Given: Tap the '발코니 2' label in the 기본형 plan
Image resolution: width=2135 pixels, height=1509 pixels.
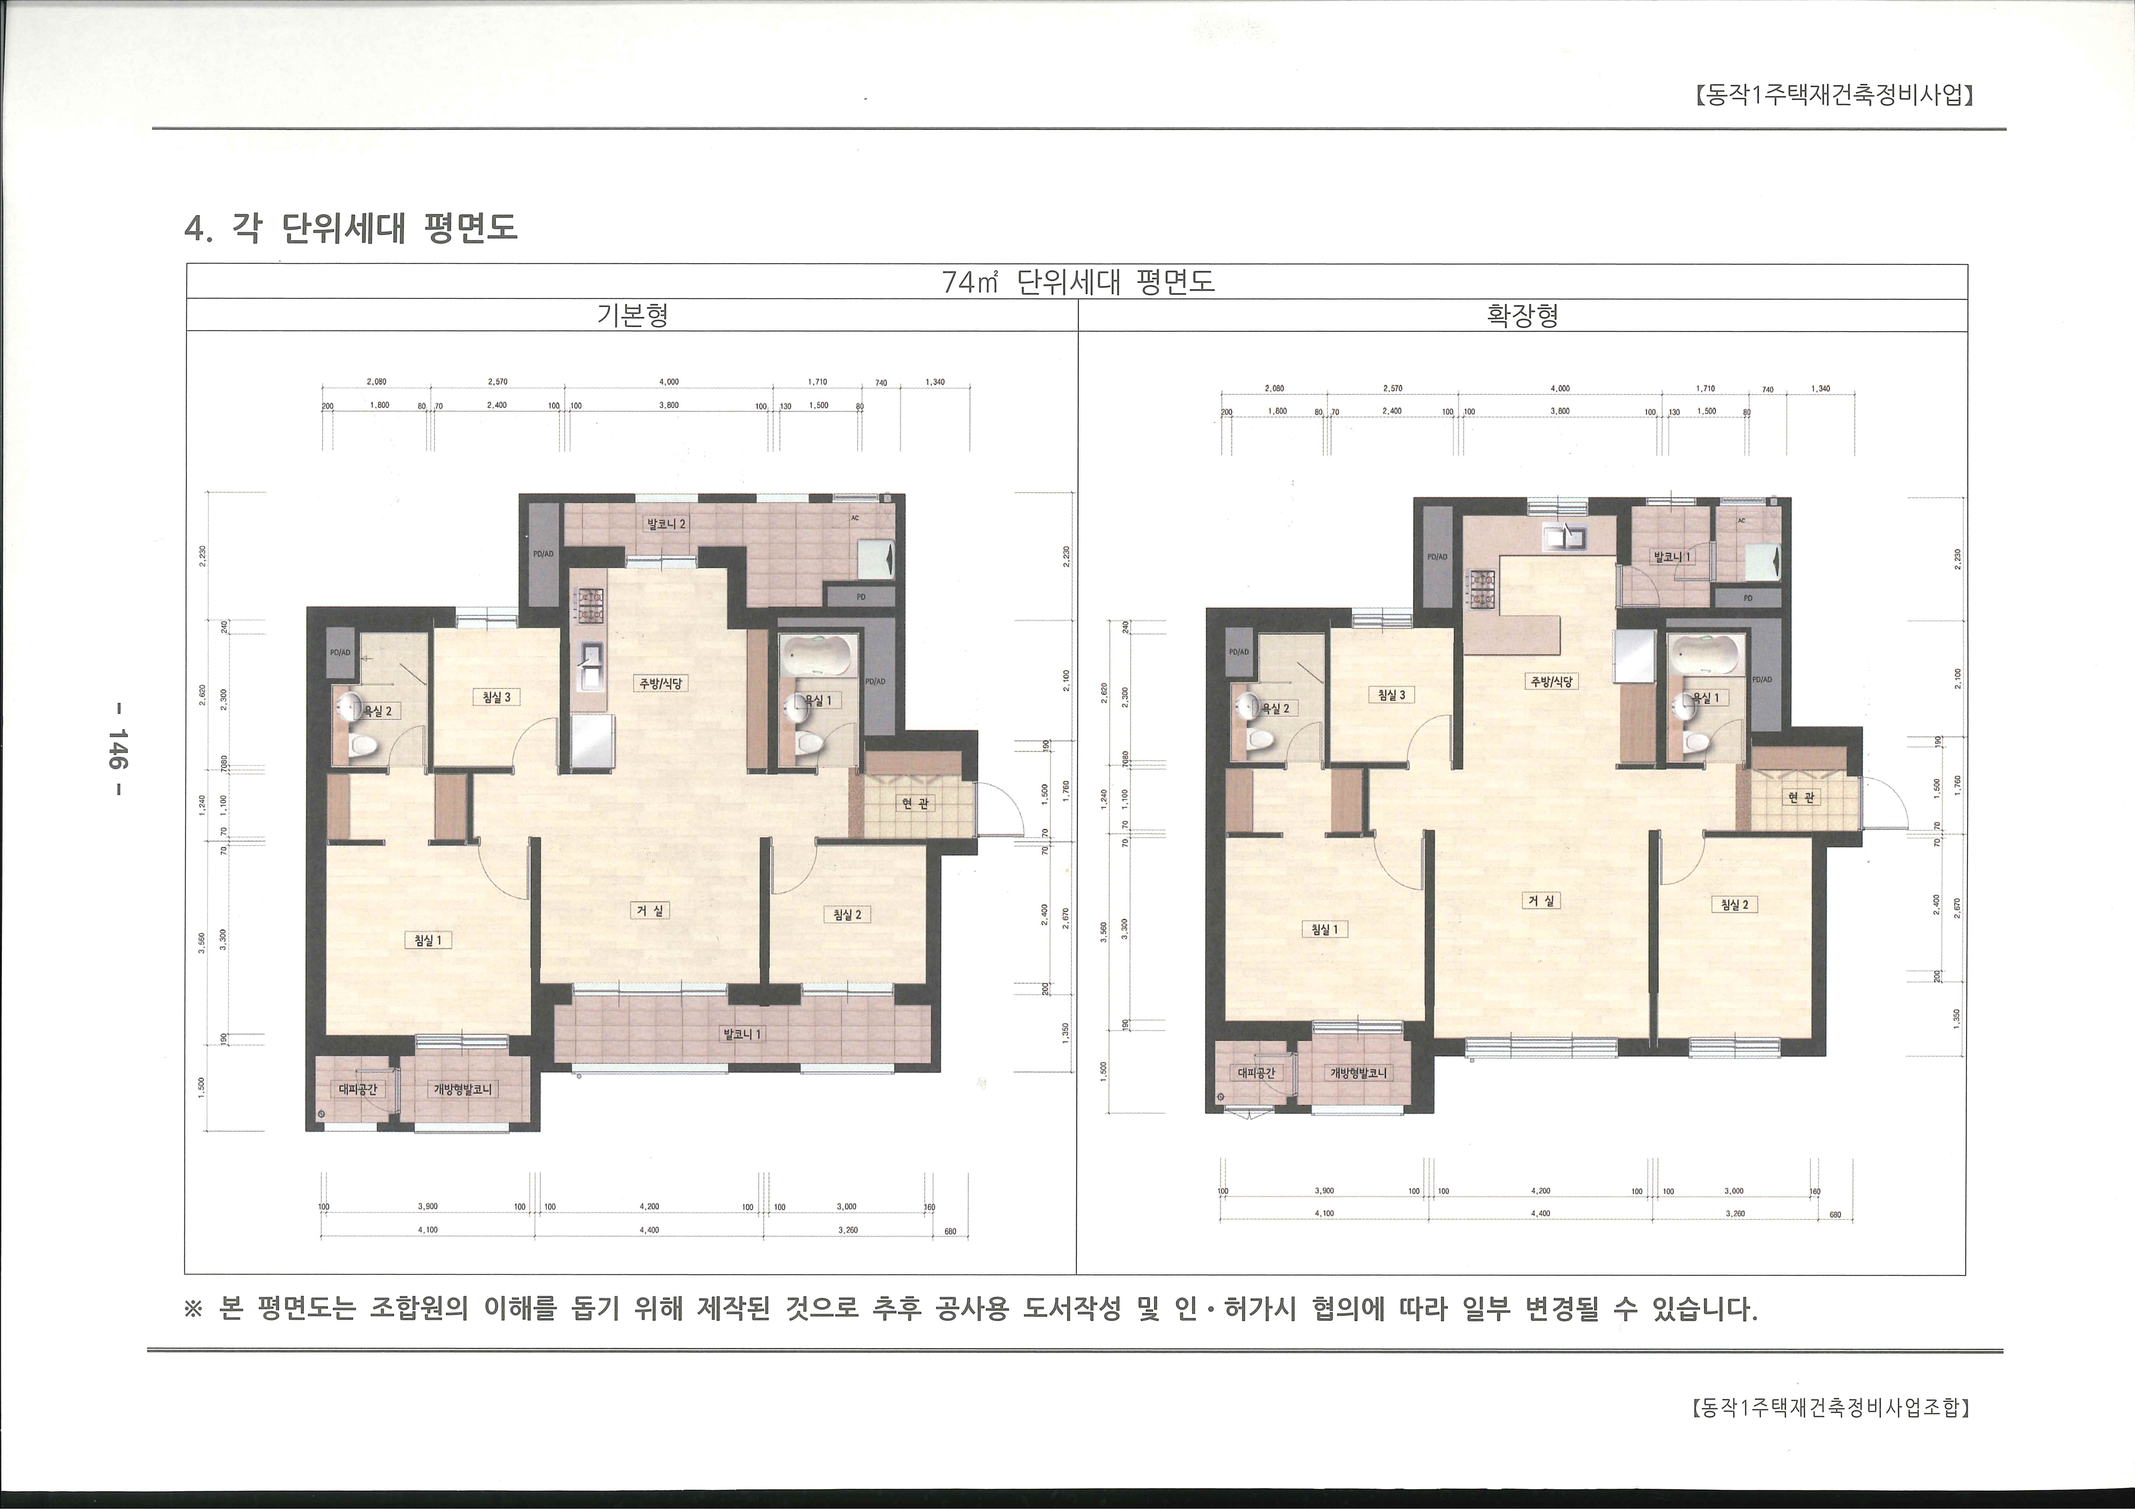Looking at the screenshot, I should [667, 523].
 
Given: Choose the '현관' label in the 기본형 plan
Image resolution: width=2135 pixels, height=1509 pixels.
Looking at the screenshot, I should [915, 803].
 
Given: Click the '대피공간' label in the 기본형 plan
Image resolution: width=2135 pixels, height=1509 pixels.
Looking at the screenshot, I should [355, 1090].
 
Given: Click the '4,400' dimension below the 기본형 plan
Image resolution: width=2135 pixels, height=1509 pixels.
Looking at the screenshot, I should [649, 1230].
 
